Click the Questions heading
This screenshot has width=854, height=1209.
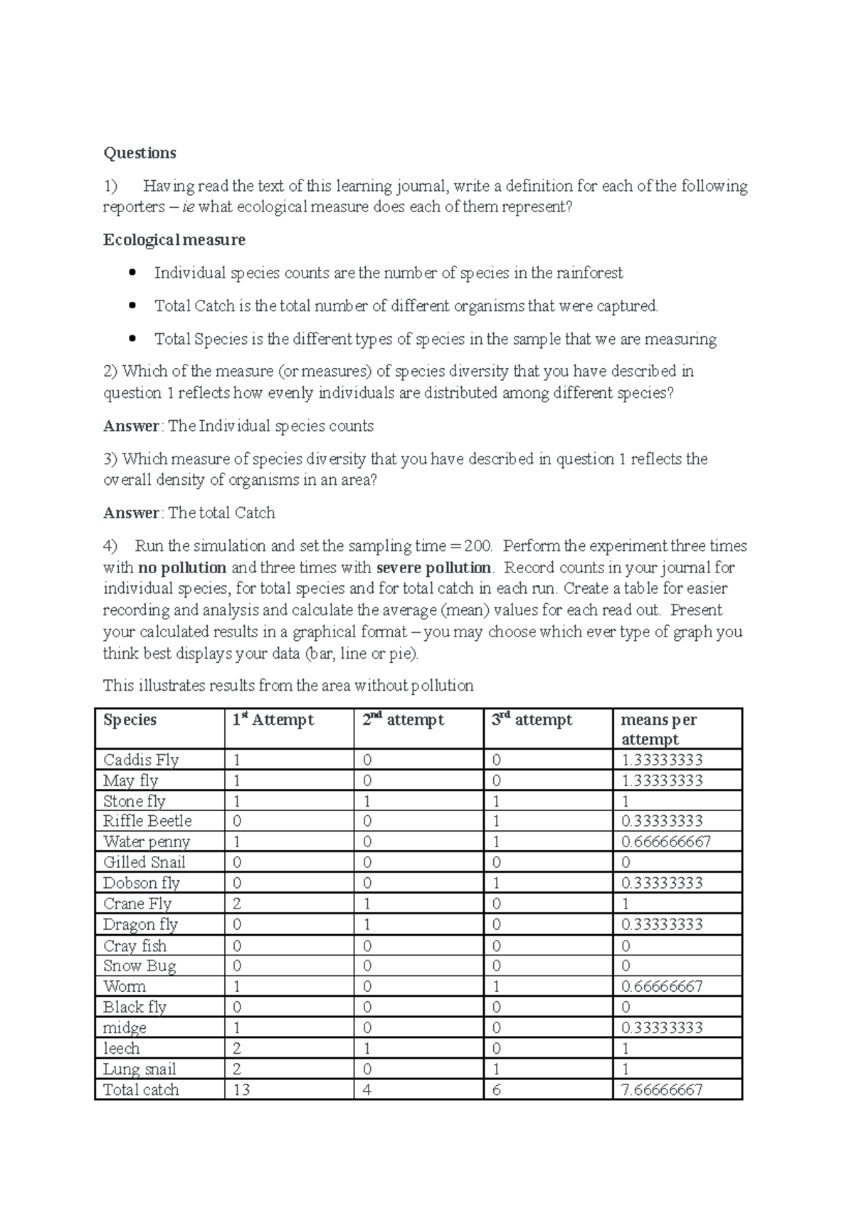(x=139, y=153)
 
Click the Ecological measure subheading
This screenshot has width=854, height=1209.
(x=174, y=240)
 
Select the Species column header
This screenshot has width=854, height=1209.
(x=130, y=720)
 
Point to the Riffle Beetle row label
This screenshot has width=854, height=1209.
(x=147, y=821)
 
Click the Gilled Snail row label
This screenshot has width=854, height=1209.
(x=144, y=862)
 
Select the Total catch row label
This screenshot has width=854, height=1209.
(x=141, y=1089)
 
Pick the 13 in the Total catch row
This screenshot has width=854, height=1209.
(x=241, y=1089)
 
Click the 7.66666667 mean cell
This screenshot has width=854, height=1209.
(x=662, y=1089)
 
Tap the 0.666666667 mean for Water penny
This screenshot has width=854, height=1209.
(x=666, y=842)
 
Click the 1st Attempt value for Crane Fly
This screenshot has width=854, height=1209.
(x=237, y=904)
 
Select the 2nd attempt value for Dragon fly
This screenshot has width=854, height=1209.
(x=367, y=924)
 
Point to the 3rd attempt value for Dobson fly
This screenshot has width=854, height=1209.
(x=496, y=883)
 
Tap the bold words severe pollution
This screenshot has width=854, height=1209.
(x=433, y=567)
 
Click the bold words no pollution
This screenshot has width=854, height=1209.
(x=182, y=567)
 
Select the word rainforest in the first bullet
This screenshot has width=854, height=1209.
(x=589, y=273)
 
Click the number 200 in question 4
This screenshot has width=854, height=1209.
(x=478, y=546)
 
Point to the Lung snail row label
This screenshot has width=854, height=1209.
(x=139, y=1069)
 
